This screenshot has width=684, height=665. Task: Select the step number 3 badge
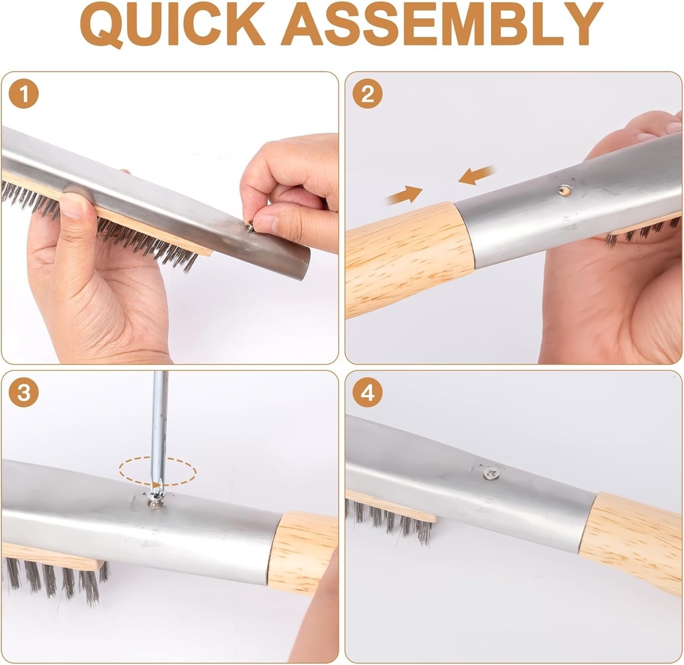tap(23, 393)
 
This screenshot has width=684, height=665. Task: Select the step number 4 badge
tap(367, 393)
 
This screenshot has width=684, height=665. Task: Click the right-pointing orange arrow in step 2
tap(405, 194)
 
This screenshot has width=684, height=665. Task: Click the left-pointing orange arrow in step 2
tap(477, 176)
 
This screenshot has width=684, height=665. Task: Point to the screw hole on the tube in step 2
tap(565, 190)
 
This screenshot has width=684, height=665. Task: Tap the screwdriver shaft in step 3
tap(159, 428)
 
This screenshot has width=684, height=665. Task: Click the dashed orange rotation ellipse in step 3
tap(158, 472)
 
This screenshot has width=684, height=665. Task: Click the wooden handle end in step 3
tap(303, 553)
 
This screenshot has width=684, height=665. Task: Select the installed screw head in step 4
tap(492, 473)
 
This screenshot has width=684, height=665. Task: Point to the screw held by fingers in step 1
tap(249, 226)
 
